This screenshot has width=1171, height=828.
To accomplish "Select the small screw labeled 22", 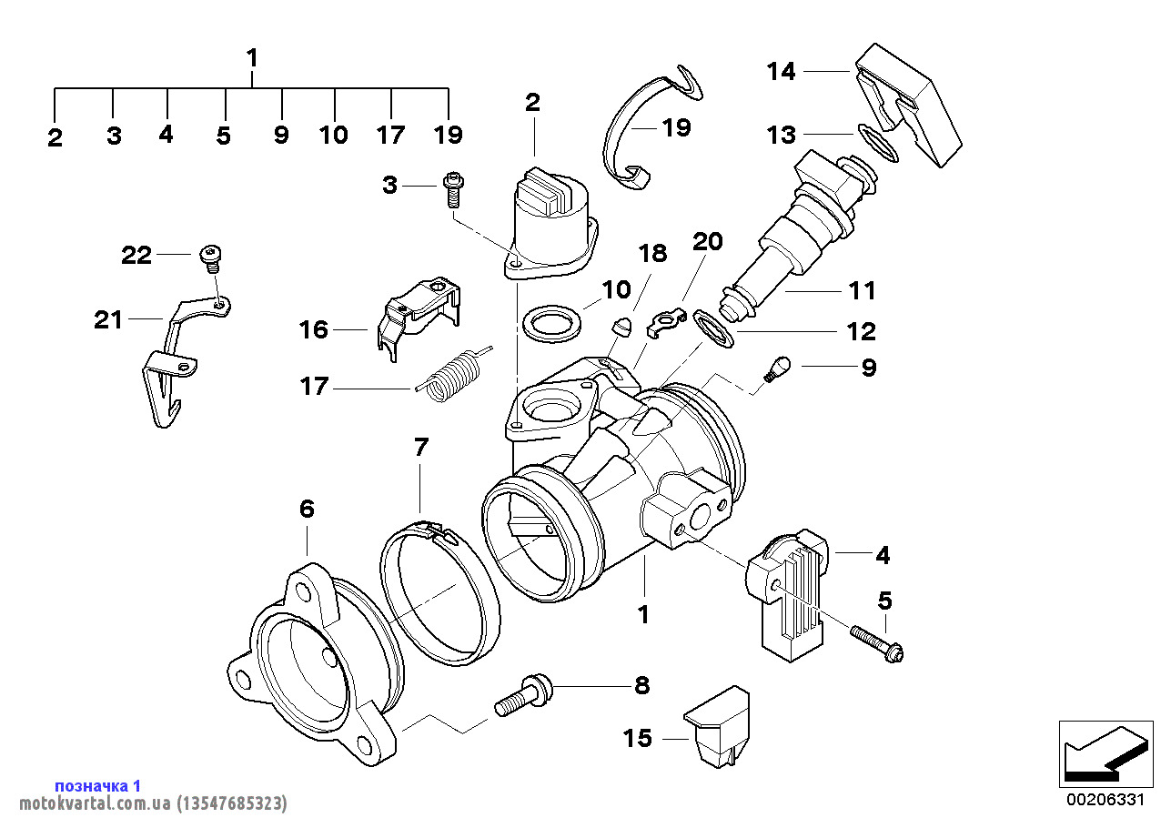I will [x=211, y=257].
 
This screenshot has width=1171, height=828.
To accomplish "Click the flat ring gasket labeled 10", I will [x=550, y=326].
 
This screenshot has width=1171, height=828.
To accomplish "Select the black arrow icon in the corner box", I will [x=1102, y=754].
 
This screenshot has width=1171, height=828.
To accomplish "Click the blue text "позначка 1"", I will [x=98, y=785].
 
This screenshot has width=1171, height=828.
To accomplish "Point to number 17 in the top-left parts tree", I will [x=391, y=136].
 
